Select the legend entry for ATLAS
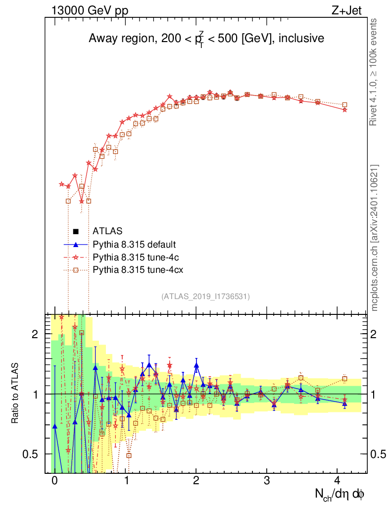tap(107, 231)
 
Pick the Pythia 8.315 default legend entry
tap(134, 244)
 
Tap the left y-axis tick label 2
tap(35, 334)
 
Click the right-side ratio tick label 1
tap(376, 394)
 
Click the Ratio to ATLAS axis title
tap(15, 394)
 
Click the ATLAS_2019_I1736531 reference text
tap(205, 297)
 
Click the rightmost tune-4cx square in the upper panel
tap(345, 105)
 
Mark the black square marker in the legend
tap(75, 231)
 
